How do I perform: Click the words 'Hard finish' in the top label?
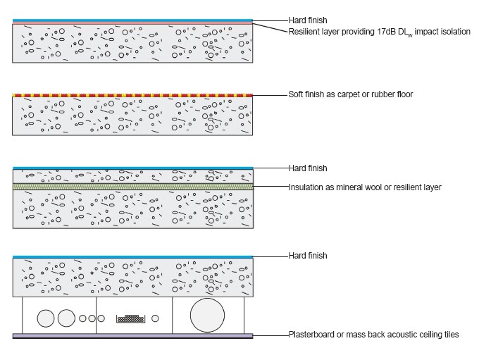[308, 20]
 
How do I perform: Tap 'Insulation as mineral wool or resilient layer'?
[364, 187]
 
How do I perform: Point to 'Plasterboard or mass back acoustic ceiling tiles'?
[373, 335]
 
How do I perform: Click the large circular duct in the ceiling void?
[209, 315]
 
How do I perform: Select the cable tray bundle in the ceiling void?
[130, 318]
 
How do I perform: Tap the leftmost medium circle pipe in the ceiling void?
[46, 318]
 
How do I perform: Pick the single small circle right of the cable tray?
[155, 318]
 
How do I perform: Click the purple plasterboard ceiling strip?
[133, 336]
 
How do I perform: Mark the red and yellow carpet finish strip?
[133, 94]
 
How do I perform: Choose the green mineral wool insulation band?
[133, 187]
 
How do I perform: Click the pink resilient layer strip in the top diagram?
[133, 23]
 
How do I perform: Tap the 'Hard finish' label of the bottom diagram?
[308, 255]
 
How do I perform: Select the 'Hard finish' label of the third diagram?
[308, 168]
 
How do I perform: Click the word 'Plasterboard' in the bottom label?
[309, 335]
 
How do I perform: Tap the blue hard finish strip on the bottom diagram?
[133, 256]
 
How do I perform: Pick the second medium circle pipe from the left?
[66, 318]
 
